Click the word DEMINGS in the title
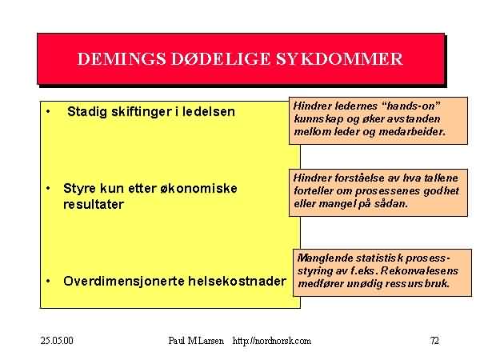coord(122,58)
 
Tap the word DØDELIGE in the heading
coord(221,58)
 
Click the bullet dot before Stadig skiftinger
coord(48,111)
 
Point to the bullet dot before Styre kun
coord(48,188)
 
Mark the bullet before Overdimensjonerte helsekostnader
coord(48,281)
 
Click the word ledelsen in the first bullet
coord(209,111)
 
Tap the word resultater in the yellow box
coord(94,205)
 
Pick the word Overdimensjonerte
coord(124,281)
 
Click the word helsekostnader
coord(238,281)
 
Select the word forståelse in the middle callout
coord(359,178)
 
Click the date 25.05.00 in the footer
coord(57,341)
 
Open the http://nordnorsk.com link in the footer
coord(272,341)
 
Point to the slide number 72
coord(434,341)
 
